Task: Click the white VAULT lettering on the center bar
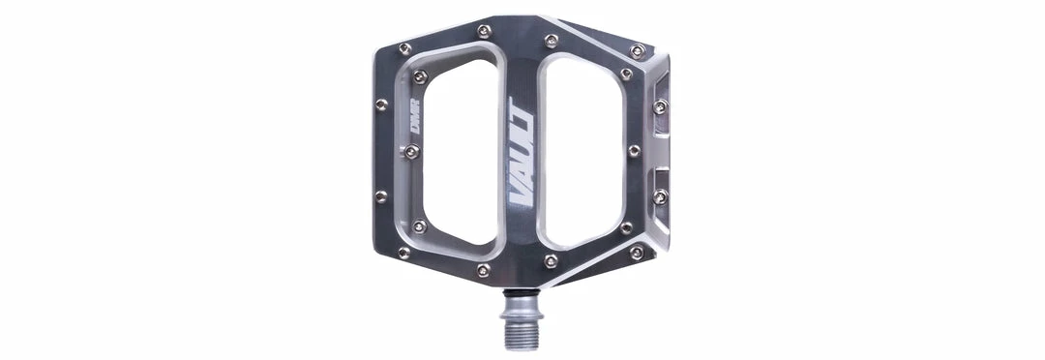click(x=522, y=152)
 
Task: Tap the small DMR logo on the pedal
click(x=414, y=116)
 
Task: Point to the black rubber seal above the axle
click(x=522, y=292)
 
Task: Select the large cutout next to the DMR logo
click(x=460, y=151)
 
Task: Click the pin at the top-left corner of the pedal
click(x=404, y=48)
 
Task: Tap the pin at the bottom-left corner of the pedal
click(x=403, y=253)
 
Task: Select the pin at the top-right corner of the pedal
click(x=638, y=50)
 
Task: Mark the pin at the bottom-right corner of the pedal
click(x=637, y=252)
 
